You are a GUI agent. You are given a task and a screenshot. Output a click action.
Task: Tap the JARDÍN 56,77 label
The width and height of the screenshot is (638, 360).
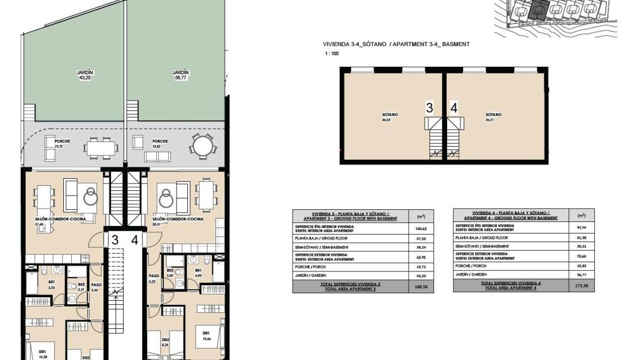click(180, 75)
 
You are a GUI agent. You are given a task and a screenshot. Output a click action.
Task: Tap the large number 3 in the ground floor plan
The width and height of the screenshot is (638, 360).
click(115, 240)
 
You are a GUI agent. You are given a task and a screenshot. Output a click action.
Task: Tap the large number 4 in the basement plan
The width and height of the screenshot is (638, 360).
click(454, 108)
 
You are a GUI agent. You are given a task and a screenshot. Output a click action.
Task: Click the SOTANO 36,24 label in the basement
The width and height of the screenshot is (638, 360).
click(390, 117)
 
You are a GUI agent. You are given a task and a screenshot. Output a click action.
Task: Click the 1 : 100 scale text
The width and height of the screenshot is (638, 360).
click(332, 53)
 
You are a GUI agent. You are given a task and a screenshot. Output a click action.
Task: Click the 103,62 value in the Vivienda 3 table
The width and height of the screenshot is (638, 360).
click(420, 229)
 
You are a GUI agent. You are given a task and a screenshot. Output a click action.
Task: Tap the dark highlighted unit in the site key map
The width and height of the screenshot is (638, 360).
click(538, 9)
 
